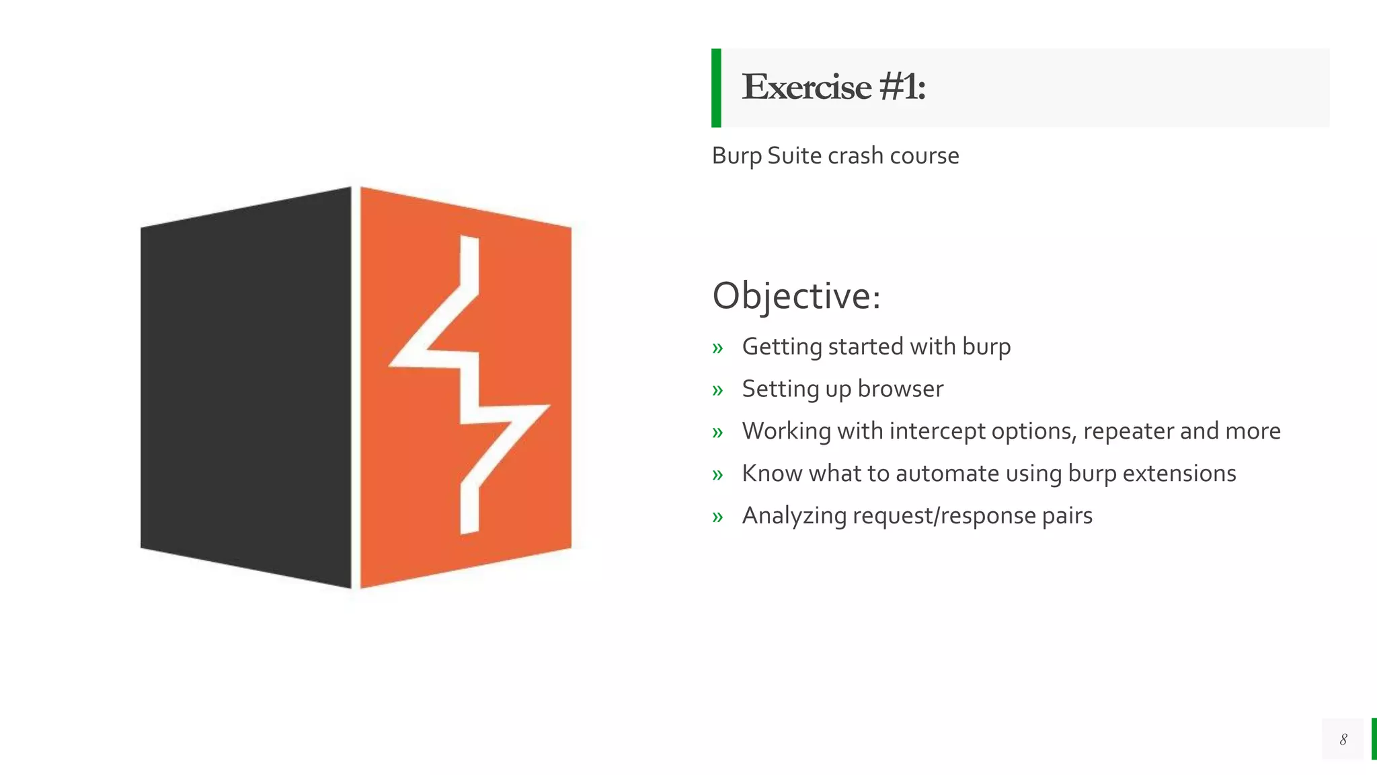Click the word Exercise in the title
pos(806,87)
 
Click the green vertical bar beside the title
pos(716,87)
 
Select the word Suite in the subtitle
pos(794,155)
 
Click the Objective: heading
pos(796,296)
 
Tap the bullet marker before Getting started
pos(717,348)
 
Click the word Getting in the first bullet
pos(782,347)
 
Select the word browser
pos(900,389)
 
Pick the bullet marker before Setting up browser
pos(717,390)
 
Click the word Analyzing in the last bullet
pos(794,516)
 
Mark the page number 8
pos(1343,739)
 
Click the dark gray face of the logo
pos(246,387)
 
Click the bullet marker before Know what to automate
pos(717,475)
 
